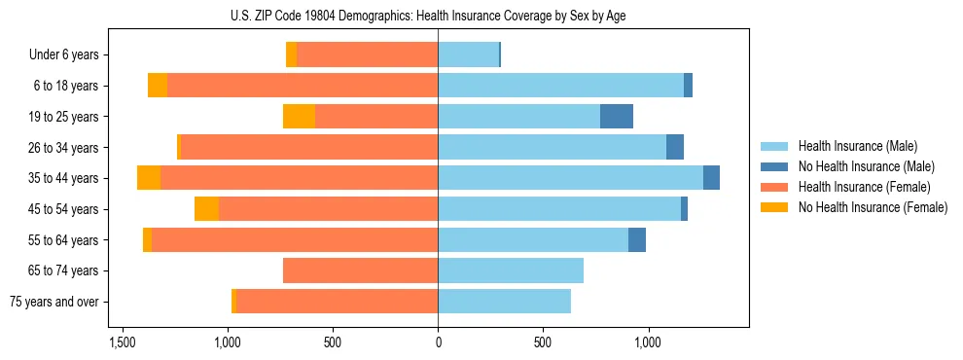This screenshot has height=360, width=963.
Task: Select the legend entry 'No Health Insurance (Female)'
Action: click(x=873, y=207)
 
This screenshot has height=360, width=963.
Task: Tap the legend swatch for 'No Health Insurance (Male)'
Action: click(x=774, y=166)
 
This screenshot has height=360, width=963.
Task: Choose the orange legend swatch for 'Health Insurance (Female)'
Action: click(x=774, y=187)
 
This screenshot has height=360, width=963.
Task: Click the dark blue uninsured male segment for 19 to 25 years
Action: click(x=617, y=117)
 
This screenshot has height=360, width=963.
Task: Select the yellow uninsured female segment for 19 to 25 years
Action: click(x=299, y=117)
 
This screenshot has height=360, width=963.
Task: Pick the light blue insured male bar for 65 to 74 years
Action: click(x=511, y=270)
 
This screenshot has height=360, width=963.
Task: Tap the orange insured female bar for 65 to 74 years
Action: click(x=360, y=270)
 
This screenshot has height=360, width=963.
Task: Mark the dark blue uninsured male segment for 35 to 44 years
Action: click(x=711, y=178)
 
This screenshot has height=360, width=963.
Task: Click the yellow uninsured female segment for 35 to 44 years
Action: click(x=149, y=178)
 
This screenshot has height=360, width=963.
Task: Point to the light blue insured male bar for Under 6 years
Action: click(x=468, y=55)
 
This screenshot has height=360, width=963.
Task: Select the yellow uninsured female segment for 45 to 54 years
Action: click(x=206, y=209)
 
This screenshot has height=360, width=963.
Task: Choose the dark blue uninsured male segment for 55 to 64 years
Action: click(x=637, y=239)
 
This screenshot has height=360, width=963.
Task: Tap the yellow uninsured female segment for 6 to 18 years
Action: click(x=158, y=86)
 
